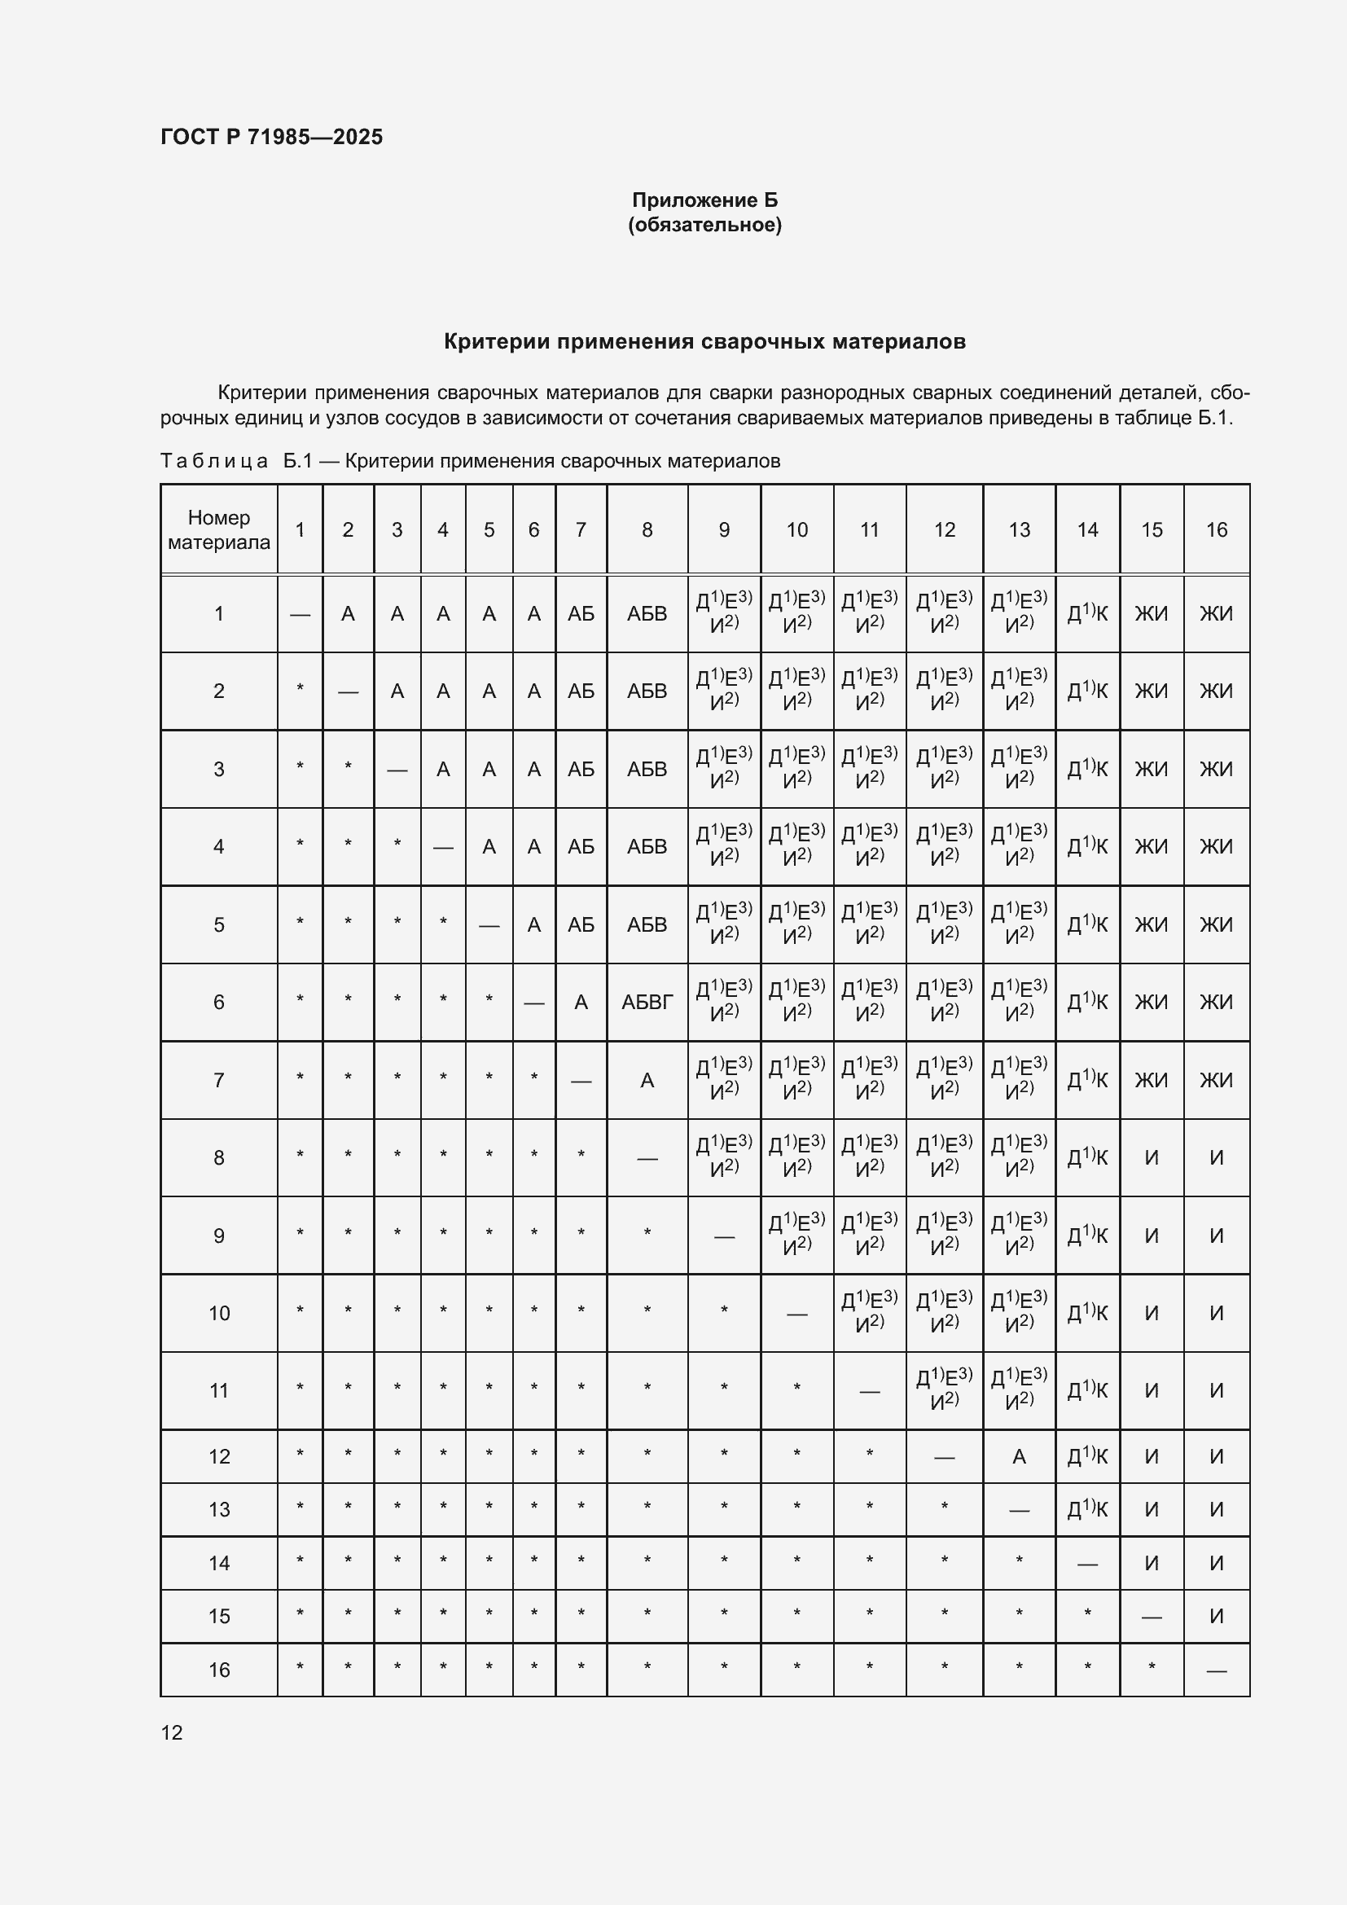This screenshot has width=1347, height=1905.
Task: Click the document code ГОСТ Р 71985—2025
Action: point(271,137)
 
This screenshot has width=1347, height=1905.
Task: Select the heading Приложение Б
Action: point(704,200)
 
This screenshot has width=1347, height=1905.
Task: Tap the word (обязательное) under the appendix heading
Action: point(704,225)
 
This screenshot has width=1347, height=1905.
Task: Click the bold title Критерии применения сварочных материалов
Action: point(704,342)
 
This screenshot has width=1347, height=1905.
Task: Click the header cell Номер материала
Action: point(219,529)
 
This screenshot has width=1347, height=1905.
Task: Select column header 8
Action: point(647,529)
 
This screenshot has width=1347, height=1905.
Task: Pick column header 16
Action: point(1216,529)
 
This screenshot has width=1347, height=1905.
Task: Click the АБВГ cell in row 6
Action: point(647,1003)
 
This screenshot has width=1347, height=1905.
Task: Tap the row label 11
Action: point(219,1390)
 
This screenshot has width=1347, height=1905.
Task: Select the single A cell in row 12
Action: point(1019,1456)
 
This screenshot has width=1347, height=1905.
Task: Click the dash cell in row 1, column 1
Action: point(301,614)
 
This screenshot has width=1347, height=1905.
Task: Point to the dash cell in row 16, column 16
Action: point(1216,1670)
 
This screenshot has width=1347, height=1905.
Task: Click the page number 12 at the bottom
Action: point(172,1732)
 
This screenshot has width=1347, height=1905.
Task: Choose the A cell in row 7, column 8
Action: point(647,1080)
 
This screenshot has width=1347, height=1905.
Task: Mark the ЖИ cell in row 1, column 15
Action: point(1152,614)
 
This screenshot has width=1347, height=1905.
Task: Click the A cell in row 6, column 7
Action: point(581,1003)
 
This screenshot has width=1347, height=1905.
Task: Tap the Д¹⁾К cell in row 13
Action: point(1086,1509)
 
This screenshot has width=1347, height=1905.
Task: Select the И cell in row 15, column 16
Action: point(1216,1616)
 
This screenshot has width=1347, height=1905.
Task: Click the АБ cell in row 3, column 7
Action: point(581,769)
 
